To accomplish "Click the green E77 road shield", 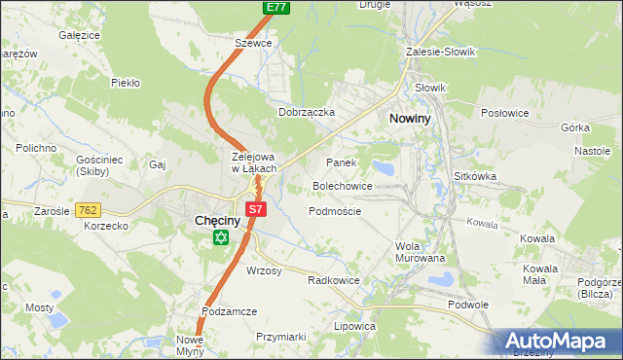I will click(276, 7).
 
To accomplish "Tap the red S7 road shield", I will click(255, 208).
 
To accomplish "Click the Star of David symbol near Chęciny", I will click(221, 238).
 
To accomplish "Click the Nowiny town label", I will click(412, 118).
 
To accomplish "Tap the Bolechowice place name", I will click(342, 185).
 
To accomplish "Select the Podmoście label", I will click(335, 211).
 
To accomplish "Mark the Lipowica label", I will click(354, 326).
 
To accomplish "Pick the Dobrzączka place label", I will click(307, 112).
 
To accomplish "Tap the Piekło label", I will click(127, 83).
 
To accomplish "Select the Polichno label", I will click(36, 148).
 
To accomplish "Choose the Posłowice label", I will click(505, 113).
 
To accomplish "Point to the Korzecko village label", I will click(107, 226).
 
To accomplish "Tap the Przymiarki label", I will click(280, 336).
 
